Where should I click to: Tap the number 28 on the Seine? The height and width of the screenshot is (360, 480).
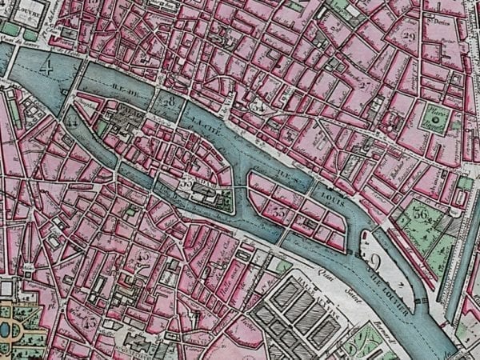click(169, 102)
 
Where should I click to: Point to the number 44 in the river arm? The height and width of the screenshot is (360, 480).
click(75, 122)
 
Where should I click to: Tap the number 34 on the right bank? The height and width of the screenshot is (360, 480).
click(258, 105)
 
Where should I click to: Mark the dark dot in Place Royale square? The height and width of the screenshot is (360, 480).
click(434, 118)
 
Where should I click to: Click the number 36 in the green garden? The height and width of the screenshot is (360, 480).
click(421, 214)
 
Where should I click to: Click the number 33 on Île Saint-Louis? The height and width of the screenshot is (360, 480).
click(279, 213)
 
